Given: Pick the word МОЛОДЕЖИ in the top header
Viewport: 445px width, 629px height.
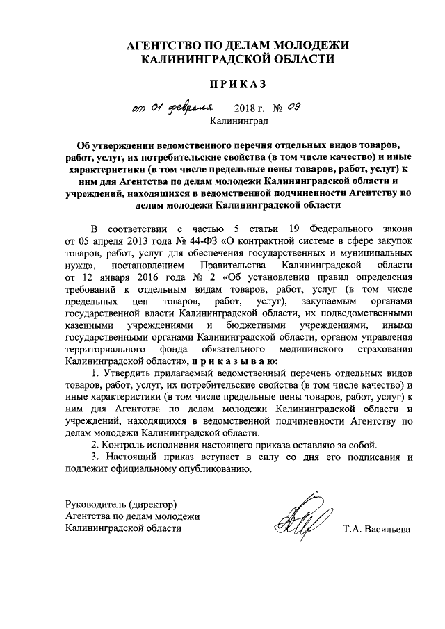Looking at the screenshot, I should [x=309, y=45].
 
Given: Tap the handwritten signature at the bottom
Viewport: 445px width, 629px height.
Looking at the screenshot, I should [x=302, y=521].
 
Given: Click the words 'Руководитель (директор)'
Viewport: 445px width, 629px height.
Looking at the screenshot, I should [x=120, y=503].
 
